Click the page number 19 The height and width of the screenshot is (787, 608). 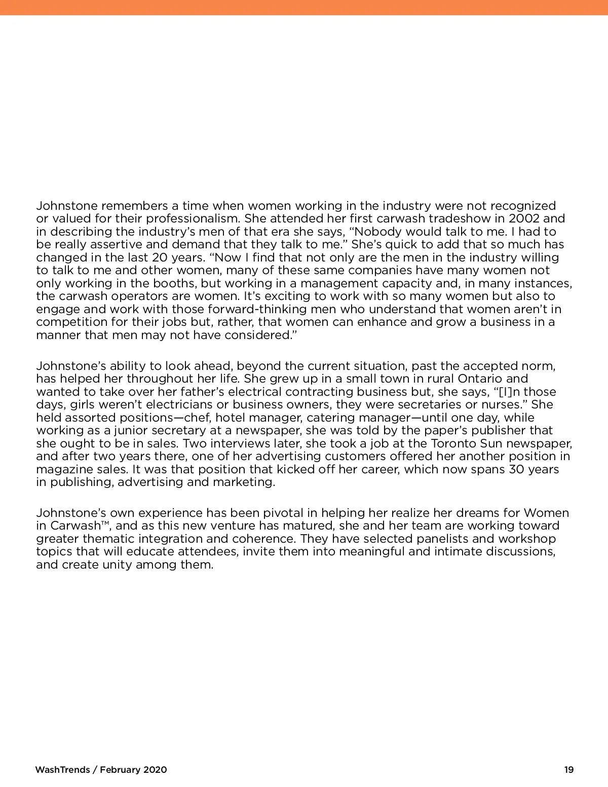[569, 770]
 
